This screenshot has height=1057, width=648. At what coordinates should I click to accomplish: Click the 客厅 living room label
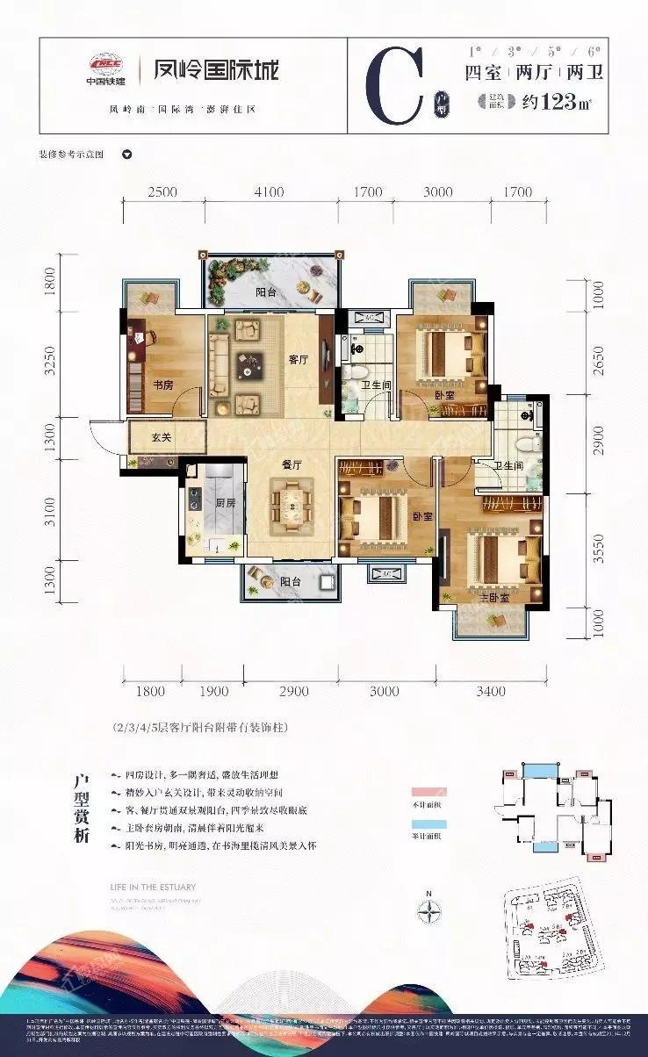(x=300, y=359)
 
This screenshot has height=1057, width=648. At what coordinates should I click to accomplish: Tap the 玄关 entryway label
(x=160, y=436)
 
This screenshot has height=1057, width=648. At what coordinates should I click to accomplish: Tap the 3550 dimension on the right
(x=599, y=549)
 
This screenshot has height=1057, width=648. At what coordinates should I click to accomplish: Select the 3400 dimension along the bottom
(x=491, y=692)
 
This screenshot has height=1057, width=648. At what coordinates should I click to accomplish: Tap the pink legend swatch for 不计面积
(x=428, y=792)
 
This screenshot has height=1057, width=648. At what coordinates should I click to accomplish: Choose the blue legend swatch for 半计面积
(x=428, y=824)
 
